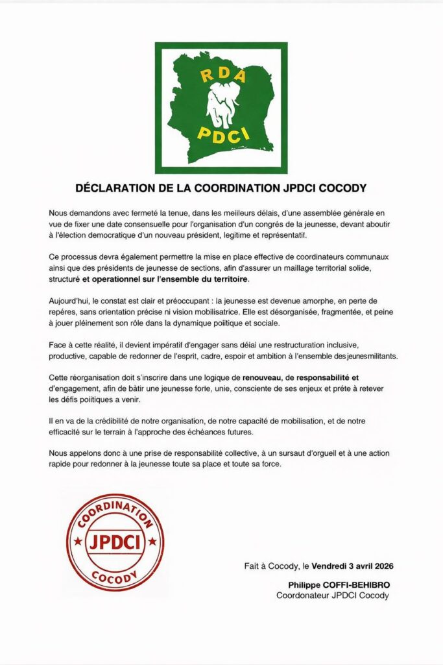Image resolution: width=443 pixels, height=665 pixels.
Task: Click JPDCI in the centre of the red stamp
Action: pyautogui.click(x=115, y=540)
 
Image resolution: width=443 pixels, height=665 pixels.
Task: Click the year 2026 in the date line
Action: pyautogui.click(x=379, y=566)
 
